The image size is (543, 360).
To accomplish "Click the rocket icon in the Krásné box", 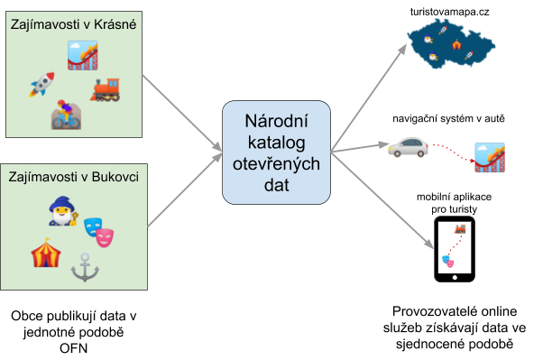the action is click(x=41, y=85).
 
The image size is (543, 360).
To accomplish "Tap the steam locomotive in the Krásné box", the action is click(x=106, y=89).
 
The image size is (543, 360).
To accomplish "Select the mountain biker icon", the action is click(x=66, y=115).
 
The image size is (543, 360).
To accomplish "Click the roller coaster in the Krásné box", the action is click(x=83, y=55).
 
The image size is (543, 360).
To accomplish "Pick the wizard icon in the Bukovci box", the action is click(x=63, y=211).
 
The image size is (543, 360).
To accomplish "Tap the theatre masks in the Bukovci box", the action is click(x=98, y=232).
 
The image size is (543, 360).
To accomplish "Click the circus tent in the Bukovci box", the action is click(x=46, y=253).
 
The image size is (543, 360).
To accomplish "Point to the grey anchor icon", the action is click(x=85, y=267).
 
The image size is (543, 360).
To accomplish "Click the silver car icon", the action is click(x=408, y=147).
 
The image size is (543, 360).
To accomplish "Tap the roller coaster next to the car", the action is click(x=490, y=157).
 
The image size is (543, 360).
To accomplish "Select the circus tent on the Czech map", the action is click(x=456, y=44).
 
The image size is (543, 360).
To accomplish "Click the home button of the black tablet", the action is click(x=455, y=278).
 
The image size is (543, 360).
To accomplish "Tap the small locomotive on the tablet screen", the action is click(x=460, y=228).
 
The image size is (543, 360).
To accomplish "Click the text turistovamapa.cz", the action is click(x=449, y=12).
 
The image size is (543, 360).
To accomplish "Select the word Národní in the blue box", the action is click(x=276, y=121).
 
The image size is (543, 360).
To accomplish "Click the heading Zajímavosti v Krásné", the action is click(x=73, y=24).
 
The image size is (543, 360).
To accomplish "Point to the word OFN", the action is click(x=73, y=348).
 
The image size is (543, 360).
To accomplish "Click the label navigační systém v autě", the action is click(x=448, y=118).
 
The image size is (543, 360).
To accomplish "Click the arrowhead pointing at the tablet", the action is click(x=429, y=244).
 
